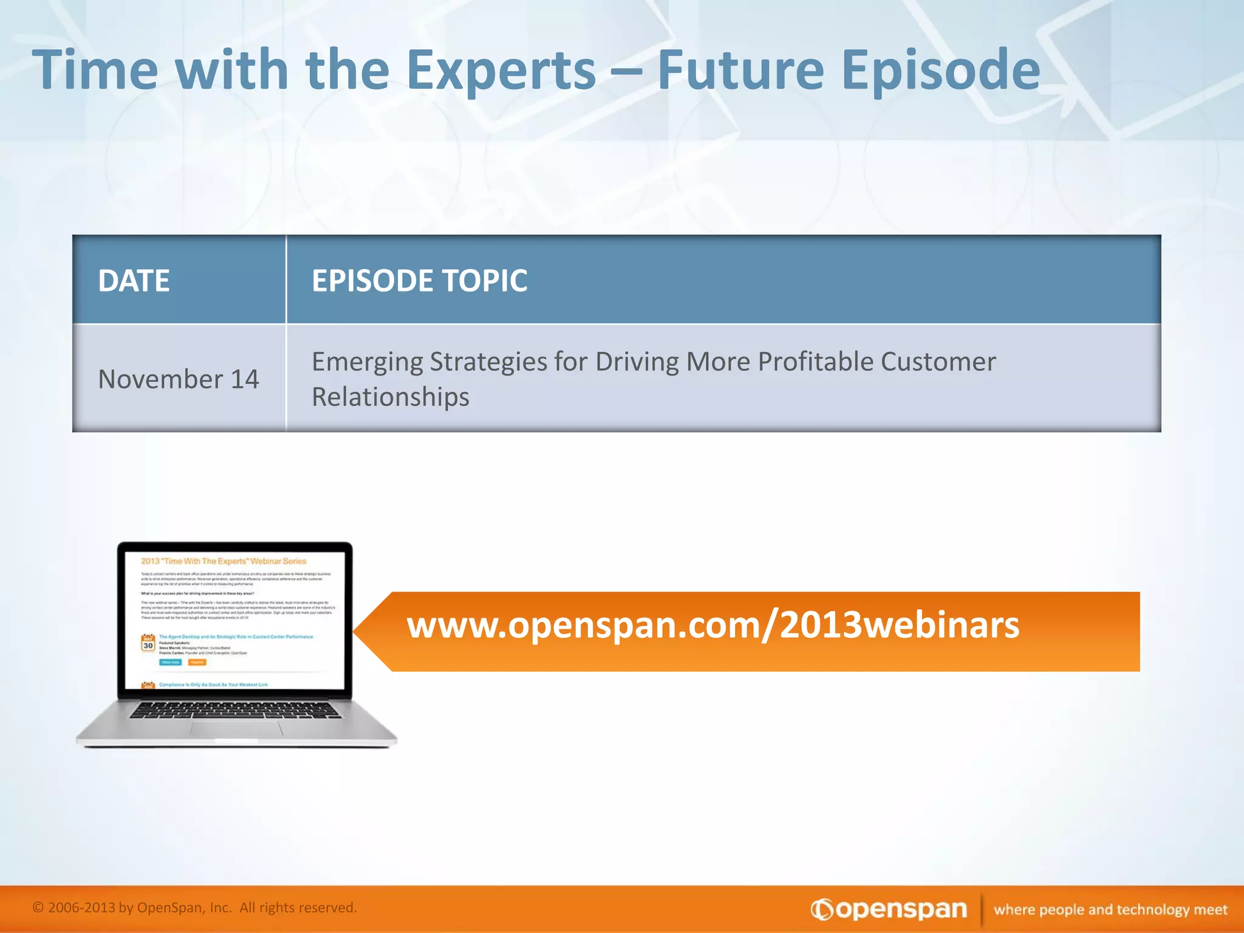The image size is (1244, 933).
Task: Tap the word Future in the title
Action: pyautogui.click(x=740, y=70)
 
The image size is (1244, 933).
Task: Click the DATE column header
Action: pyautogui.click(x=134, y=281)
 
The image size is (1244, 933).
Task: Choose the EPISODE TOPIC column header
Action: pyautogui.click(x=419, y=281)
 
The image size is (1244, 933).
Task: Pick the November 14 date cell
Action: pyautogui.click(x=179, y=379)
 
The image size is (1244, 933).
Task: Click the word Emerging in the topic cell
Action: pyautogui.click(x=366, y=362)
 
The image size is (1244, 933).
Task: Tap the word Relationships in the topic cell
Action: pyautogui.click(x=391, y=397)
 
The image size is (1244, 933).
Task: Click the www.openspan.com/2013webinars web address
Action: pyautogui.click(x=713, y=625)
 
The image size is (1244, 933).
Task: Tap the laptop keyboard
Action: pyautogui.click(x=236, y=709)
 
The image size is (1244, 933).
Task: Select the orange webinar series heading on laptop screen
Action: pyautogui.click(x=224, y=561)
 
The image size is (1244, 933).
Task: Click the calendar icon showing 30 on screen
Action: pyautogui.click(x=148, y=643)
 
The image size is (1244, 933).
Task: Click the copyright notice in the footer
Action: pyautogui.click(x=194, y=907)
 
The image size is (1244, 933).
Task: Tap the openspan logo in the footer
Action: pyautogui.click(x=889, y=909)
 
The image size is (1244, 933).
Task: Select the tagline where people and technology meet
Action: pyautogui.click(x=1110, y=909)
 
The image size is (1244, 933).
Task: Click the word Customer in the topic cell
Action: pyautogui.click(x=938, y=361)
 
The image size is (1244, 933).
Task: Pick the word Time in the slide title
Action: pyautogui.click(x=95, y=70)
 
